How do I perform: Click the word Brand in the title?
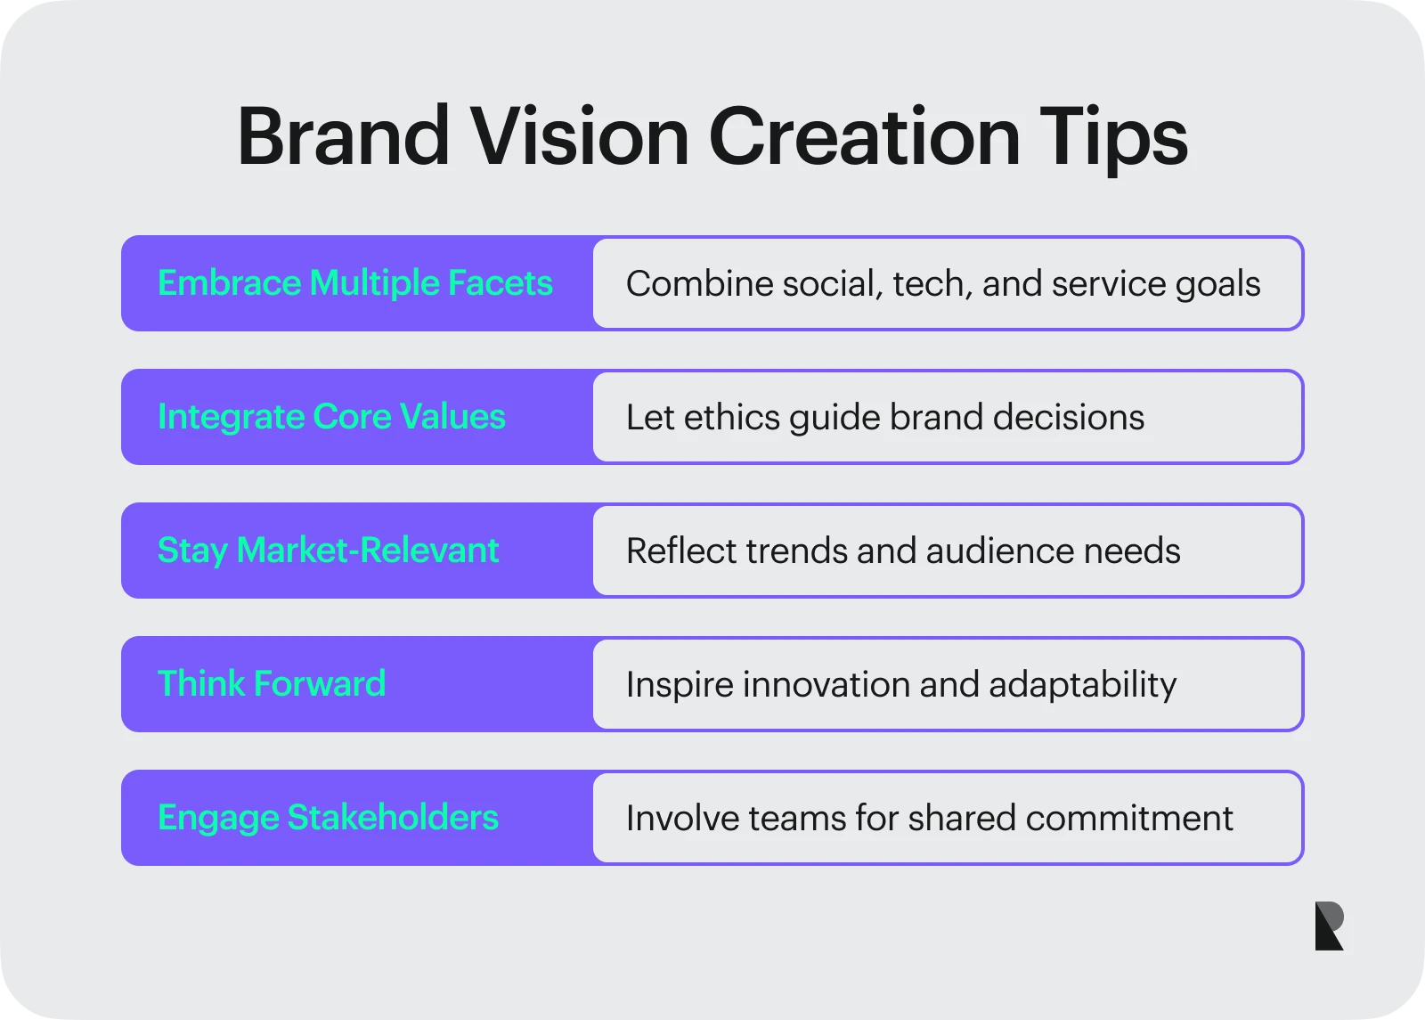point(344,136)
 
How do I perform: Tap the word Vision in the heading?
point(580,136)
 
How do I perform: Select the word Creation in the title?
point(865,136)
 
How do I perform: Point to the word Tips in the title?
point(1113,140)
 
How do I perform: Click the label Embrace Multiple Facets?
point(355,283)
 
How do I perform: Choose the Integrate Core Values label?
point(331,418)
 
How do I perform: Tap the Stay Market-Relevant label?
point(329,551)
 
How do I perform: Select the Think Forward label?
point(272,683)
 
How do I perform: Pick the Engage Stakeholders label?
point(329,819)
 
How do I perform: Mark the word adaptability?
point(1083,686)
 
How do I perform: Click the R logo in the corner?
point(1329,926)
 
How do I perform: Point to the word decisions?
point(1069,418)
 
